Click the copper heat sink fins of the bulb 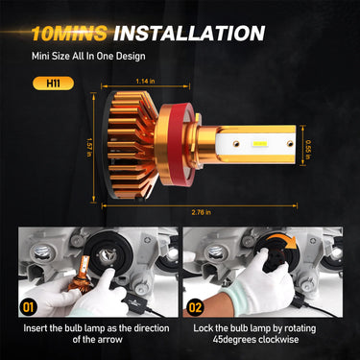click(x=144, y=145)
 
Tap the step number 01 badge click(x=25, y=309)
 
